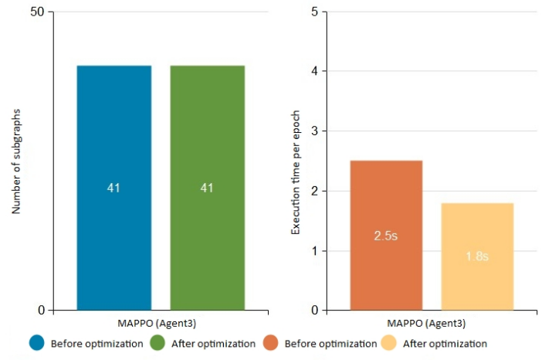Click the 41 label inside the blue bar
pyautogui.click(x=113, y=188)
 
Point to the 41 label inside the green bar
pyautogui.click(x=207, y=188)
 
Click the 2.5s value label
pyautogui.click(x=386, y=236)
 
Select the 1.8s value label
pyautogui.click(x=477, y=256)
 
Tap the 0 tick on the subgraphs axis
pyautogui.click(x=42, y=311)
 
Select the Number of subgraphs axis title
pyautogui.click(x=16, y=161)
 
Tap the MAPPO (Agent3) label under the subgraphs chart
pyautogui.click(x=161, y=324)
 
